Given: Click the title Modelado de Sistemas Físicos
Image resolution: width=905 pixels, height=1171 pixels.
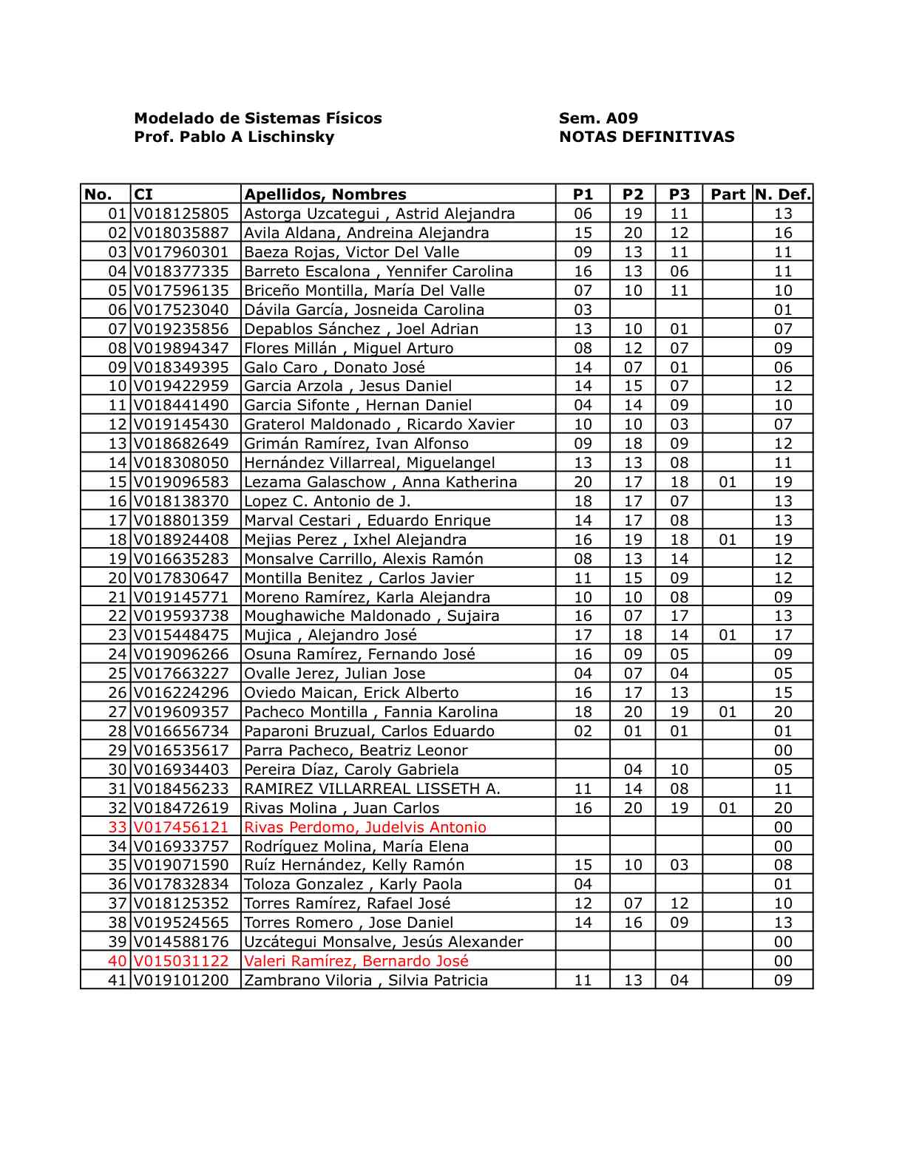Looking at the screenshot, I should (x=257, y=118).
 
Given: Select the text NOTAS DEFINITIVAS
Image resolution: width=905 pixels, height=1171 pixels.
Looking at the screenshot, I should (x=646, y=137).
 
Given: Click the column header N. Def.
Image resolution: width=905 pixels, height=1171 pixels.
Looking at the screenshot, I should (x=782, y=194).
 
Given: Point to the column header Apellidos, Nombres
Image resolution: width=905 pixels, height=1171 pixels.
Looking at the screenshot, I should (x=325, y=194).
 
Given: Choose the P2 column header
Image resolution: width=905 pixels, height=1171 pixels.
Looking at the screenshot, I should (x=633, y=194).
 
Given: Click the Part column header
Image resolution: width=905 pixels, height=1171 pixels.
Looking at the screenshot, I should (x=728, y=194).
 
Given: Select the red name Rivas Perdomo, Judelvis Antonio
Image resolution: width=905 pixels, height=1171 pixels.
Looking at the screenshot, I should (x=365, y=827).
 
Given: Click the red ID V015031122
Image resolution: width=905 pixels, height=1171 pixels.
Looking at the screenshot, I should (x=182, y=961).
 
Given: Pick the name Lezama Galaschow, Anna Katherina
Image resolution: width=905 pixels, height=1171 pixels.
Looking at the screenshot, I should (x=380, y=482).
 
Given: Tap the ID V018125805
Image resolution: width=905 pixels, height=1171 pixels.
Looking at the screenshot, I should (x=182, y=214).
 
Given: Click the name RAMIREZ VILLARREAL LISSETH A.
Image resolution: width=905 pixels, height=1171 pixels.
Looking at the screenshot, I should (x=372, y=789).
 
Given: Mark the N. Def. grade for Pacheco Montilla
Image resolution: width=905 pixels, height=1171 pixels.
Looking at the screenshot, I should (x=783, y=712).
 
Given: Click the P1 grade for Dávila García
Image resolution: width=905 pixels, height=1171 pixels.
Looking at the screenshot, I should (x=583, y=310).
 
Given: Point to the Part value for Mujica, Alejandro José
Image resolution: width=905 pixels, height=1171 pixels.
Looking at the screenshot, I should (x=728, y=635).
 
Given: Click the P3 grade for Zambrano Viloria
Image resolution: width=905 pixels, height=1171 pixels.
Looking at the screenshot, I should (x=679, y=980).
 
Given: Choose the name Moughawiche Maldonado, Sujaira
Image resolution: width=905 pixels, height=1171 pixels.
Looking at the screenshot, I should (x=371, y=616).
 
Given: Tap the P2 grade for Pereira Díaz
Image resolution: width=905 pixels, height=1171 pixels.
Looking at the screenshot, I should (x=633, y=770).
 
